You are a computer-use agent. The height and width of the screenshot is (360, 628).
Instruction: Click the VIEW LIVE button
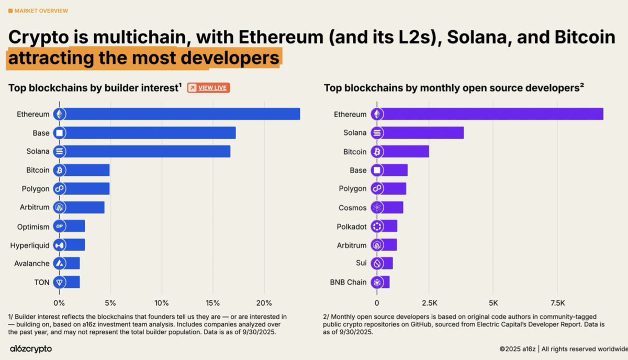208,88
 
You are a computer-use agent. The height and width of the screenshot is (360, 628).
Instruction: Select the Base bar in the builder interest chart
152,133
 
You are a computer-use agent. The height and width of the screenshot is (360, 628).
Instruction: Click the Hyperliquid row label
30,245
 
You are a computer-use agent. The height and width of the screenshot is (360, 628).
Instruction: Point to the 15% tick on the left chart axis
213,303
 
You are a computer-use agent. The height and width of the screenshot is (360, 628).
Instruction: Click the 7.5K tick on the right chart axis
557,303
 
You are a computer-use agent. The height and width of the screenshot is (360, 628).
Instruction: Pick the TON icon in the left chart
60,283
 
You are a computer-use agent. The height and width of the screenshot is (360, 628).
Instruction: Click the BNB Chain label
348,283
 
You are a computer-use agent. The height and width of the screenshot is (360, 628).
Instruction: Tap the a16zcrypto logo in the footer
31,348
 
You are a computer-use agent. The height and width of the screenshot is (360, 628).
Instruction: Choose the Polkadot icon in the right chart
377,227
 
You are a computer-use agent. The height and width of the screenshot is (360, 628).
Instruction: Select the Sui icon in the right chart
377,263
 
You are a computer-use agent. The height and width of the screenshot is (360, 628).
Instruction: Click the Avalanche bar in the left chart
72,264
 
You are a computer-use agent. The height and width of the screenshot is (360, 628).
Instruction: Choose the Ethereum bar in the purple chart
492,114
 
